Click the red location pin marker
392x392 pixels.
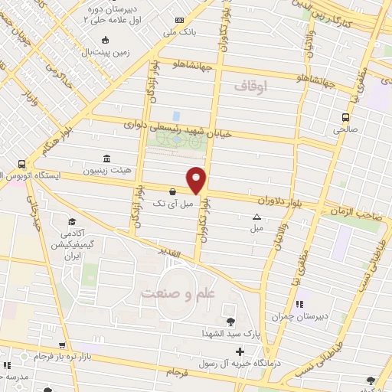(198, 179)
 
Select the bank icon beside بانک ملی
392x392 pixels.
(179, 21)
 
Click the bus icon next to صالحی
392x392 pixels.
(346, 117)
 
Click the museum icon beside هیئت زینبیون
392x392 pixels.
(105, 158)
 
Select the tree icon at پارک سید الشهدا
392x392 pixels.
(230, 320)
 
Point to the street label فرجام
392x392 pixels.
(182, 372)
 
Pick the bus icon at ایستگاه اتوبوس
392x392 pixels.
(21, 164)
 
